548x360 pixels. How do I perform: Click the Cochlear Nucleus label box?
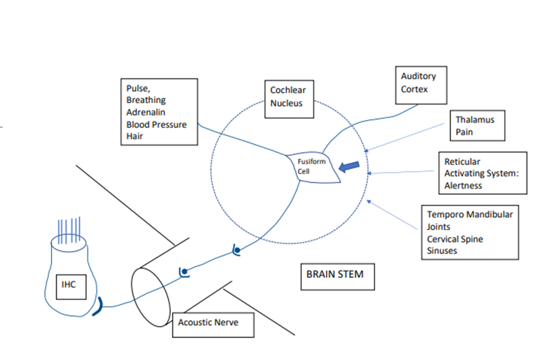click(288, 99)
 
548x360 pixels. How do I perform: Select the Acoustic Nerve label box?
click(212, 322)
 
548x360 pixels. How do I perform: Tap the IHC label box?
click(69, 284)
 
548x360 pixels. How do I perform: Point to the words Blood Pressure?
click(157, 124)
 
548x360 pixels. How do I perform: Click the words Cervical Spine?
click(455, 239)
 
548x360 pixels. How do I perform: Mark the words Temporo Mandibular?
click(470, 214)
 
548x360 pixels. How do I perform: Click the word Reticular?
click(463, 161)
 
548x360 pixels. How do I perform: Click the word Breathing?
click(146, 100)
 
